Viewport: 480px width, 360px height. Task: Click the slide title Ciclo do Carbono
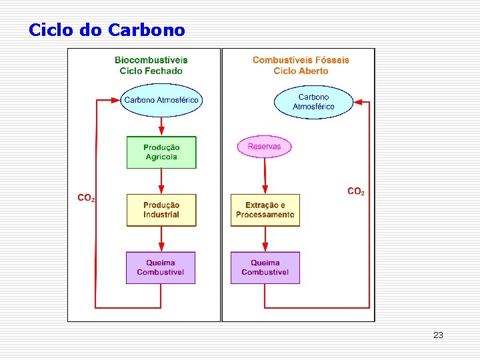click(107, 30)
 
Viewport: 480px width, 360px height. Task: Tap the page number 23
click(438, 335)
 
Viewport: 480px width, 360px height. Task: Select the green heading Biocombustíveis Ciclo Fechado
click(151, 65)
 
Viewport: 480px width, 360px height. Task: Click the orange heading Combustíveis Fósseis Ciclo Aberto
click(301, 65)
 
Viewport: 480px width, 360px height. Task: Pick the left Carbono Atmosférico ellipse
click(161, 100)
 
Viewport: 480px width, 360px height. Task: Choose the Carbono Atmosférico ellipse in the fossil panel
click(313, 102)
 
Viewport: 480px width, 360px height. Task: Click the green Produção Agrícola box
click(161, 153)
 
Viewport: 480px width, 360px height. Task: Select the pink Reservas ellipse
click(265, 147)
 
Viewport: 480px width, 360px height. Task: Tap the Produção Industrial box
click(161, 210)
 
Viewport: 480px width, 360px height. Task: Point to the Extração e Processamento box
click(265, 210)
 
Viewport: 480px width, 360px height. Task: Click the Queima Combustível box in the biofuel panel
click(161, 267)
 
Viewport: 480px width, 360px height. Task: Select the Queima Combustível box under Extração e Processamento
click(265, 267)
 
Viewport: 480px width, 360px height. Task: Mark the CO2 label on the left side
click(87, 198)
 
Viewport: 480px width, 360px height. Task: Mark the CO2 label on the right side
click(356, 191)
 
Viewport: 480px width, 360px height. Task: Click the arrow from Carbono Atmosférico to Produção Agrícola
click(161, 126)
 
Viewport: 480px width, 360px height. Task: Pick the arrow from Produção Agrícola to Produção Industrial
click(161, 181)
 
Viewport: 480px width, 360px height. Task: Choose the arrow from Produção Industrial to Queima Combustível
click(161, 239)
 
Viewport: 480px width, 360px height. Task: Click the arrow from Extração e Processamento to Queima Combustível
click(265, 239)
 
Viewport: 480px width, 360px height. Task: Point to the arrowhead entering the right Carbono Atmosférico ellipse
click(357, 102)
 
